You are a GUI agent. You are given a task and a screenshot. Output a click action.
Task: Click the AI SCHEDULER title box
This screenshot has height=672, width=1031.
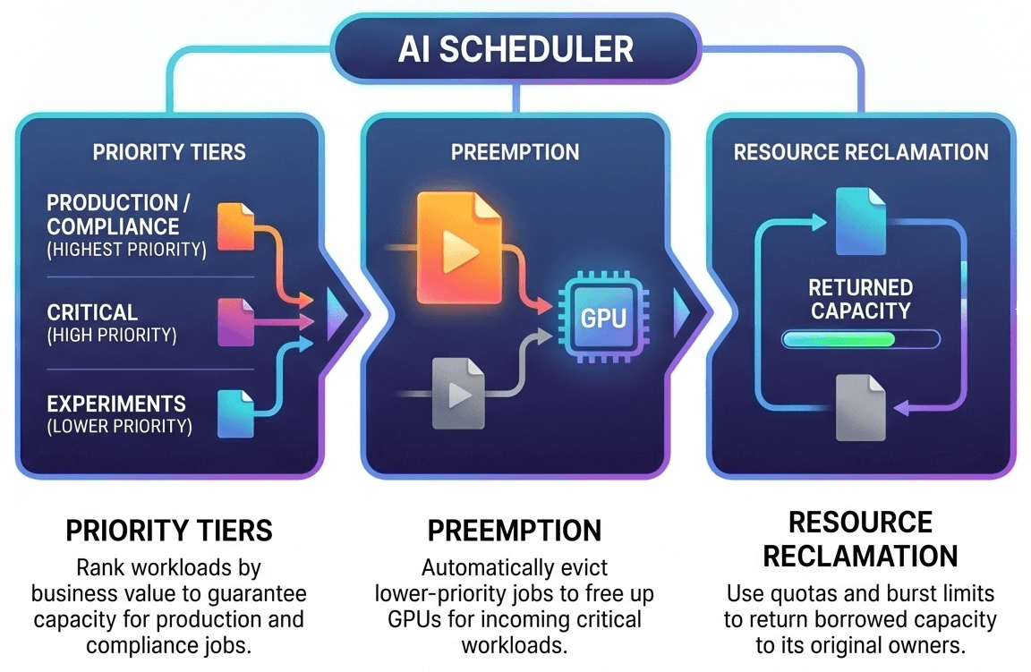515,49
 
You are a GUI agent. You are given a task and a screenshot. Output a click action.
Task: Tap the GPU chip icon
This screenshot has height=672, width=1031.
603,318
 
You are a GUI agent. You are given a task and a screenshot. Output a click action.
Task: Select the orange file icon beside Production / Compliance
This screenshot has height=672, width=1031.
235,226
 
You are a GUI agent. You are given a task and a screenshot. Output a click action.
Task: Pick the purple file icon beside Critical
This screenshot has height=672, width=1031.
235,322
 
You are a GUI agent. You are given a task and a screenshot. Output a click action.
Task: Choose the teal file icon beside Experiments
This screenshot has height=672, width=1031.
235,413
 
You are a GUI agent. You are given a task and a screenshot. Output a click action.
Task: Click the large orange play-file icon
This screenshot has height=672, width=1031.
459,248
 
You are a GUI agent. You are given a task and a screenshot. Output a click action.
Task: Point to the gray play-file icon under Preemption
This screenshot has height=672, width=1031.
458,393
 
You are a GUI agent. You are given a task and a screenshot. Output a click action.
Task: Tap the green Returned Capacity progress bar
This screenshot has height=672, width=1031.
861,339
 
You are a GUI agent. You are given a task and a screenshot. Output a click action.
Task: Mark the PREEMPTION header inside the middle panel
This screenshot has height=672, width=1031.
515,152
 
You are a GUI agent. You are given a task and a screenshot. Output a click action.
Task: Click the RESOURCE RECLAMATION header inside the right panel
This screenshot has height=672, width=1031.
861,152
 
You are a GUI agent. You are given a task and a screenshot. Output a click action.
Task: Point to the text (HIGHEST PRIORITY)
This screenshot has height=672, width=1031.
127,250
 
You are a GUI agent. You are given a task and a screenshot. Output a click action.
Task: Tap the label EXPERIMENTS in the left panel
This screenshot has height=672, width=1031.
116,403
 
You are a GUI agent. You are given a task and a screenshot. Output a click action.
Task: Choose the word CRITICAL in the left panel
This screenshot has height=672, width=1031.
92,312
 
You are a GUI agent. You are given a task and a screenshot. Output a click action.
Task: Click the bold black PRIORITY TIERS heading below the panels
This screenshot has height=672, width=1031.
169,531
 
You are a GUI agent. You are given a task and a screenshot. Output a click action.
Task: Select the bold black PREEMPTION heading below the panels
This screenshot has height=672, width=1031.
515,531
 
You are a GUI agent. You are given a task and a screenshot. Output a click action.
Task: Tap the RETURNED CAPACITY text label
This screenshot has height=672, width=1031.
861,299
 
